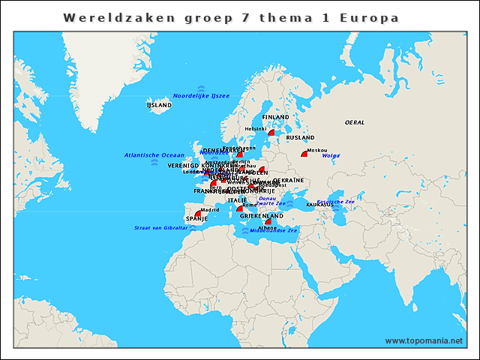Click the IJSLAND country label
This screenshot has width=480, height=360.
tap(159, 106)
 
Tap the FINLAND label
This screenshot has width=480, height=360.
tap(275, 118)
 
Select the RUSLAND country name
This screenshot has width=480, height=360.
tap(300, 138)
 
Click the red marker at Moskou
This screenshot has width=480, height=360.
tap(304, 154)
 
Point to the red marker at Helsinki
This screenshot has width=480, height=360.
tap(271, 133)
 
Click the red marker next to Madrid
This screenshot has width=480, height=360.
tap(198, 214)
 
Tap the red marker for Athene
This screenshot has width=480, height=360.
tap(268, 221)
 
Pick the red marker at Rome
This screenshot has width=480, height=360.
tap(240, 209)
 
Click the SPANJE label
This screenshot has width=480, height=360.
tap(196, 219)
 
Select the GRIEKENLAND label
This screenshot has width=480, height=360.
tap(261, 216)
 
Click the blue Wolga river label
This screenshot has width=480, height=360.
tap(331, 156)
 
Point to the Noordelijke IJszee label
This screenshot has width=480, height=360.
tap(200, 96)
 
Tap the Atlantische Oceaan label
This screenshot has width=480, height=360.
tap(154, 155)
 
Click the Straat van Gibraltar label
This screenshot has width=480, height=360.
tap(160, 228)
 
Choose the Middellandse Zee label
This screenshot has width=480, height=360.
tap(274, 230)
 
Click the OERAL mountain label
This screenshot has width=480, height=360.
tap(354, 121)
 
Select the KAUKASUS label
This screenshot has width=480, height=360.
tap(320, 205)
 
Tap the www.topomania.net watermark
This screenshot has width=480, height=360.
tap(424, 341)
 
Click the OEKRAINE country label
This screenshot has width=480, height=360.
tap(288, 181)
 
